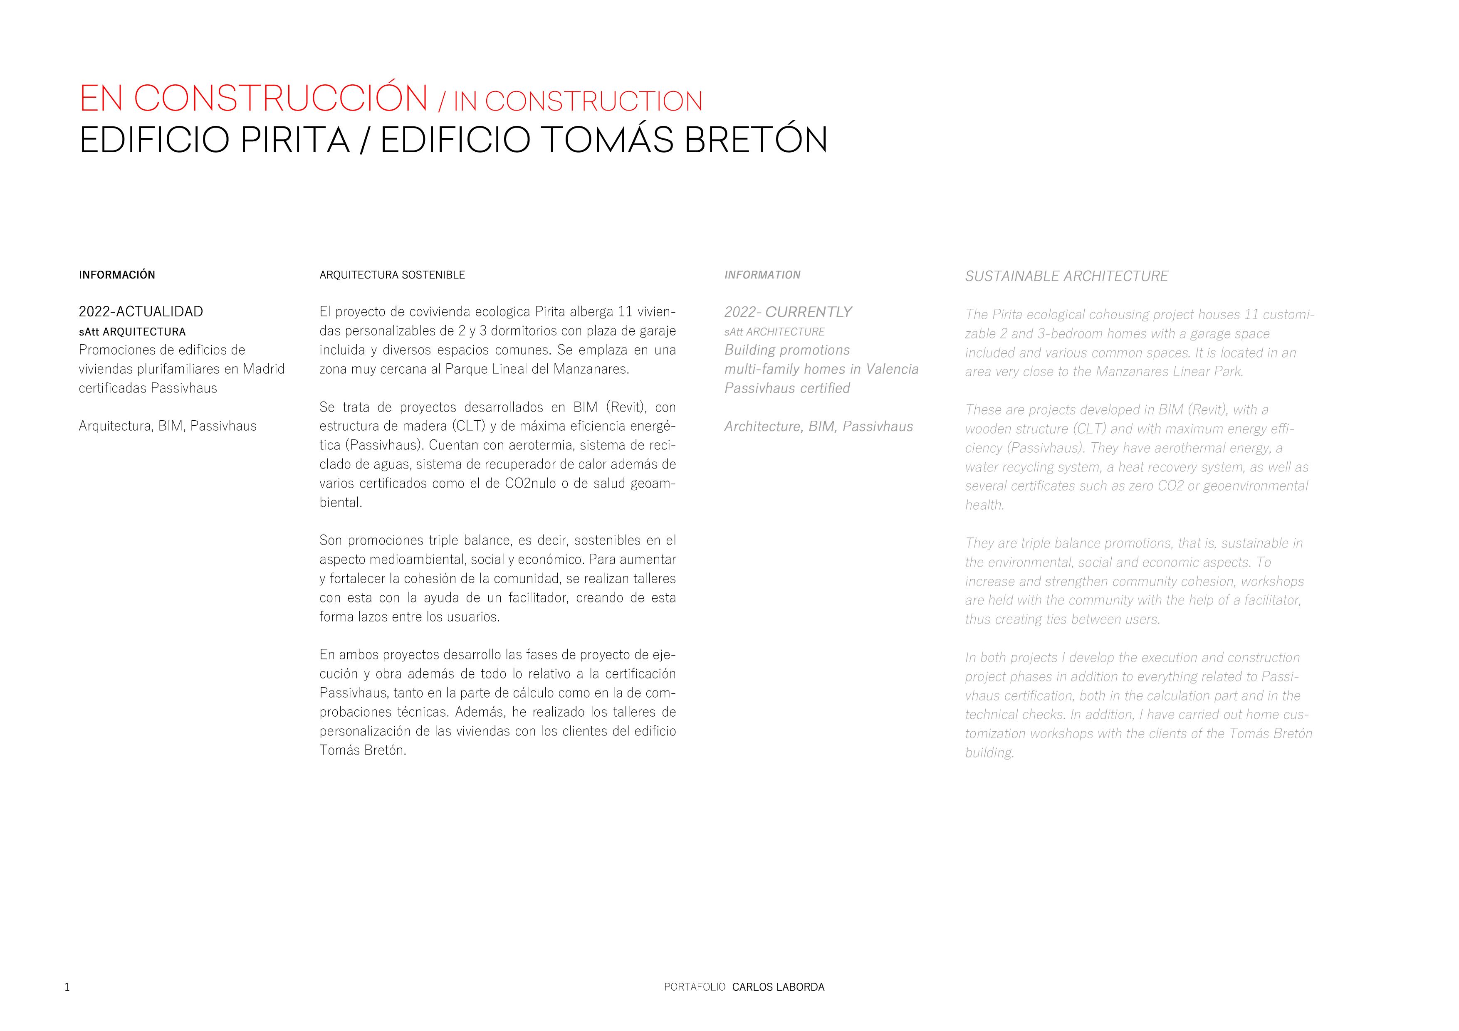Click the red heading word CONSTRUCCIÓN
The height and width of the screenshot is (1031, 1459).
pos(281,99)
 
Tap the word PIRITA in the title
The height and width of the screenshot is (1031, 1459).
pos(295,141)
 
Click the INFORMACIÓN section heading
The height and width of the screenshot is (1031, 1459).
pos(117,275)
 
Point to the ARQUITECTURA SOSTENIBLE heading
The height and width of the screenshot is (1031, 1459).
pos(392,275)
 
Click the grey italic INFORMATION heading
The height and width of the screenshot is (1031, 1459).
pos(762,275)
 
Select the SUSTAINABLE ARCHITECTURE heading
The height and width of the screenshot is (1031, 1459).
pos(1066,276)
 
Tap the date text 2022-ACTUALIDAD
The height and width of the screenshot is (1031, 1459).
pos(141,312)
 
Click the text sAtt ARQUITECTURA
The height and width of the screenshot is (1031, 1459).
pos(132,332)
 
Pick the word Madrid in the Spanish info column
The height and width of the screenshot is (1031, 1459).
pos(264,369)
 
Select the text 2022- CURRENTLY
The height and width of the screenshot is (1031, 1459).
pos(788,312)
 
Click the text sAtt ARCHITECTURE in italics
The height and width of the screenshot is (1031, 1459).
pos(774,332)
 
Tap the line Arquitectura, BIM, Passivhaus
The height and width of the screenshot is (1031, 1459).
pos(168,426)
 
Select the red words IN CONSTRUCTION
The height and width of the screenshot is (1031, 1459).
pos(578,101)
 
